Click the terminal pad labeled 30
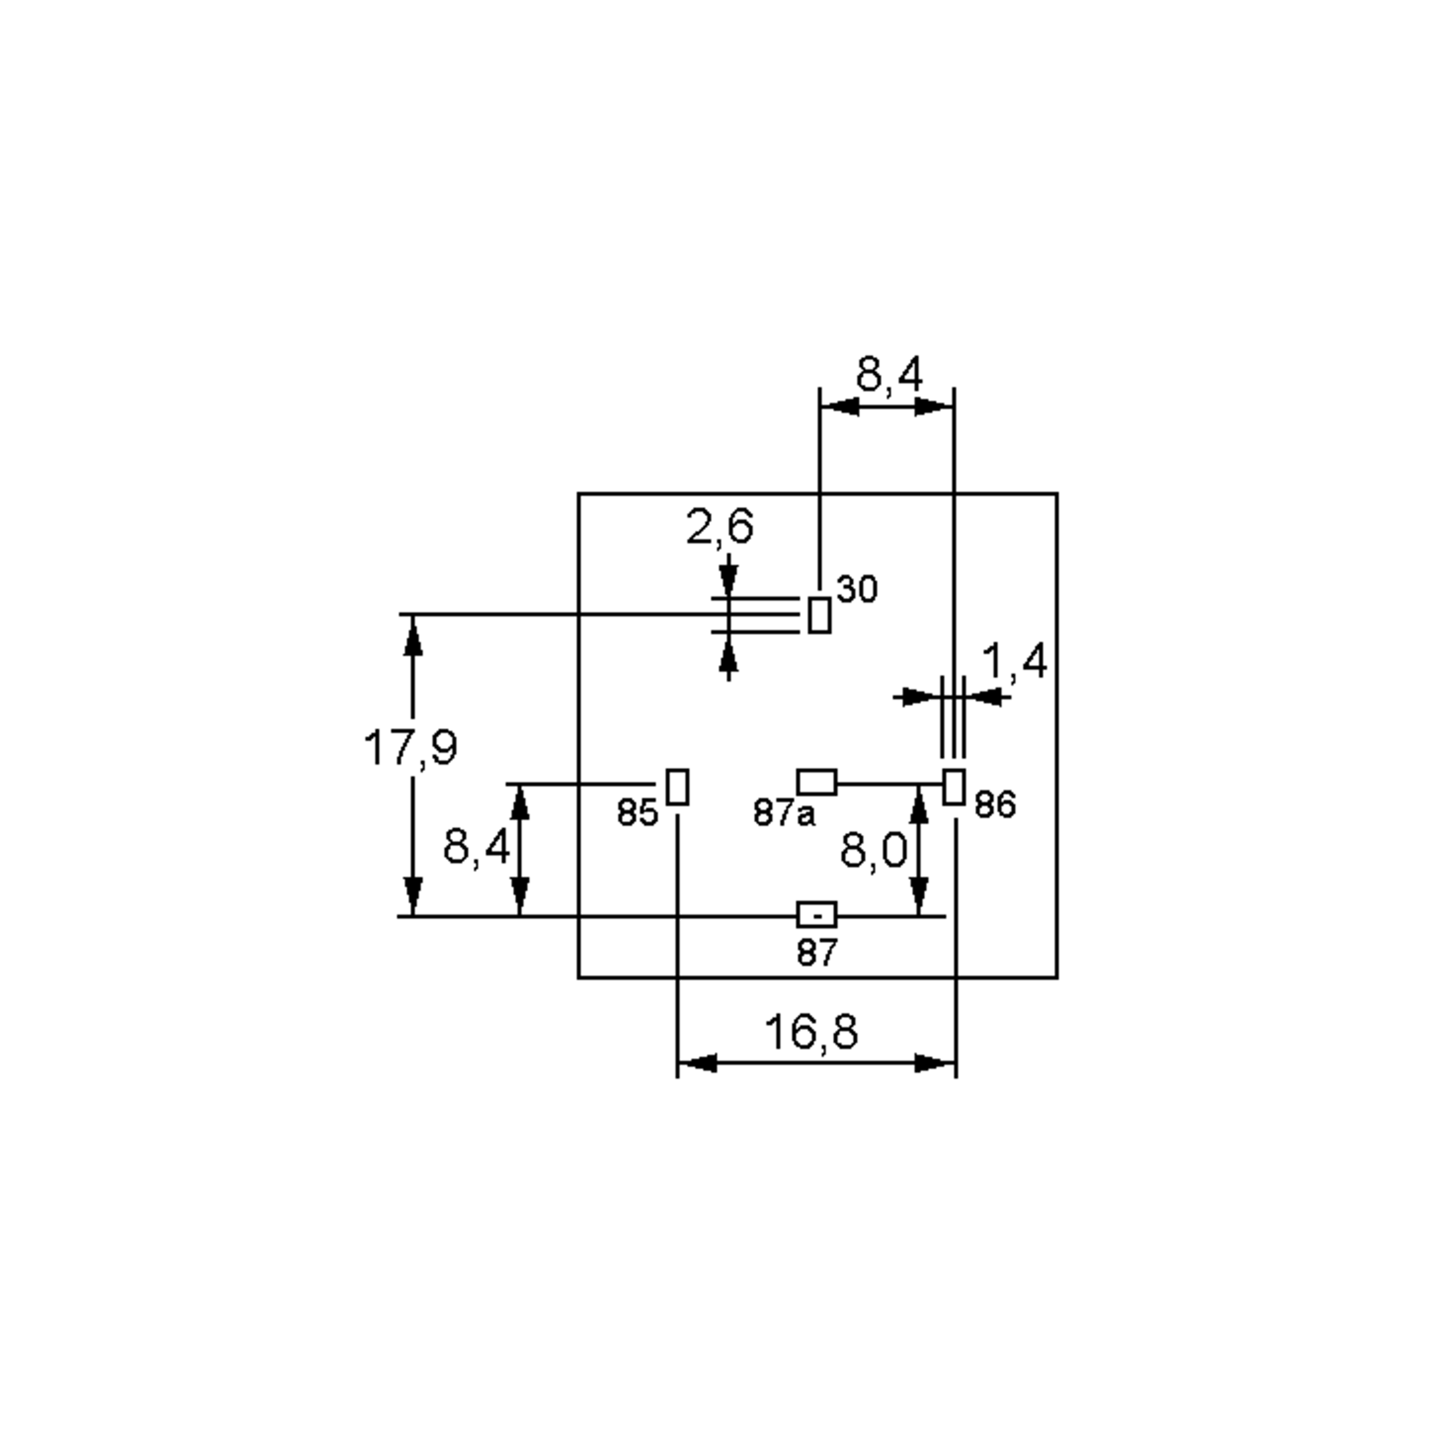[819, 615]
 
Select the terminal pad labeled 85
[677, 787]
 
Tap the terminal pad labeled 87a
[816, 782]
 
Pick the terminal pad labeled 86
[954, 787]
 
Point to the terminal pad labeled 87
[816, 915]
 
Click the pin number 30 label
[857, 590]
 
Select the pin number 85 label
[637, 813]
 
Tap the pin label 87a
[784, 813]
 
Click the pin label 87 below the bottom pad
[816, 953]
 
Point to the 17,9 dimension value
[410, 747]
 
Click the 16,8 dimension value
[812, 1031]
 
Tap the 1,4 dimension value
[1014, 662]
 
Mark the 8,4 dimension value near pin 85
[477, 847]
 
